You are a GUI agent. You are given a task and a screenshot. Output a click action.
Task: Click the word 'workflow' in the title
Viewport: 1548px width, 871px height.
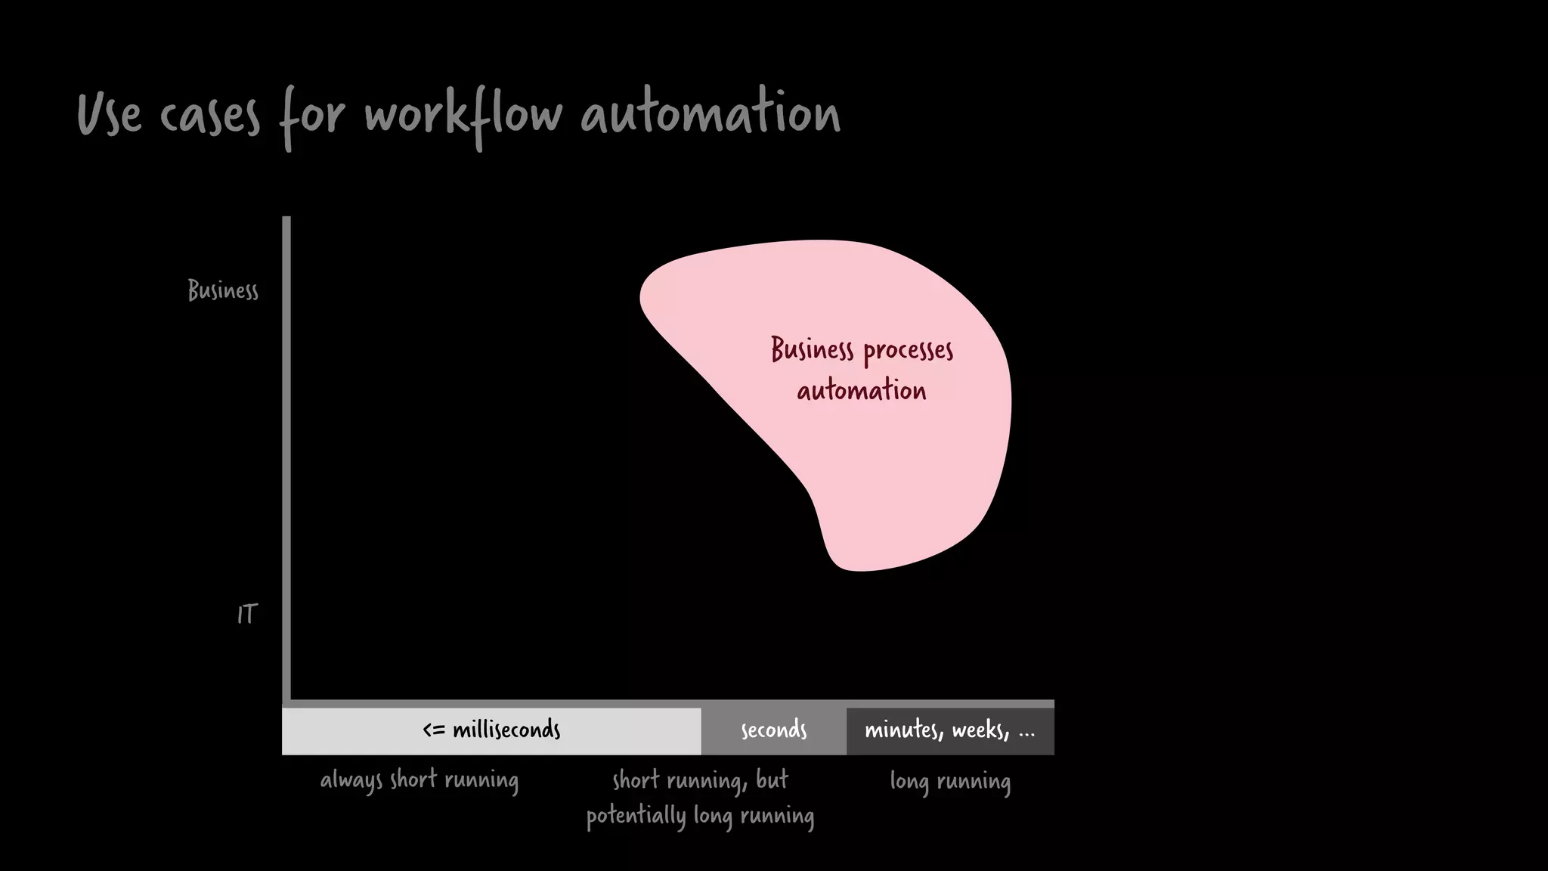463,116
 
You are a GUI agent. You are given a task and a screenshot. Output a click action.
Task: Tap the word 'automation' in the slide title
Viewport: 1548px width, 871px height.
711,114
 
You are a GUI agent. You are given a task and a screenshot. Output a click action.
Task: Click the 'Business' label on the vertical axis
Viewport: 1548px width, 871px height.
223,290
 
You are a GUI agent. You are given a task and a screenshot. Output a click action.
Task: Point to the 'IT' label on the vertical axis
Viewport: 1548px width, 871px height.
247,614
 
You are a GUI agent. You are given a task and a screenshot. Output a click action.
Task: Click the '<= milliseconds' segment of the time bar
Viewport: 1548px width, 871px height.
491,730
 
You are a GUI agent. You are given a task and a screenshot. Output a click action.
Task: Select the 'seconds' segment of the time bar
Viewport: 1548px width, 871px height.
773,730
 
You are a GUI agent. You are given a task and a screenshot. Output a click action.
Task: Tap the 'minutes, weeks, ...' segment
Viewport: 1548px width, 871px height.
949,730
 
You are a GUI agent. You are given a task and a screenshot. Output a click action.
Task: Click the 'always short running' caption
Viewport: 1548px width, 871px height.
420,780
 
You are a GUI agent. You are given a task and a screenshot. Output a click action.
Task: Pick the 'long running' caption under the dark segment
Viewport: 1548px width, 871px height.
950,781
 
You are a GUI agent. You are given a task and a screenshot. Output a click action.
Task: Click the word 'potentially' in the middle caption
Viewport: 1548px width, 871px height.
636,817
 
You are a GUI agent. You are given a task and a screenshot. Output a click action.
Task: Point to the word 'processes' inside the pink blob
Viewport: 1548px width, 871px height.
908,351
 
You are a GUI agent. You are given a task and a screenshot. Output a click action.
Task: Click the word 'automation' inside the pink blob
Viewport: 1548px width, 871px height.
862,391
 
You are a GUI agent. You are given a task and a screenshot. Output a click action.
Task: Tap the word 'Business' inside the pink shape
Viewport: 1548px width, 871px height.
812,350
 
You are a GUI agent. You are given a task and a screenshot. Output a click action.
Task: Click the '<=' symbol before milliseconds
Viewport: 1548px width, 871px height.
434,730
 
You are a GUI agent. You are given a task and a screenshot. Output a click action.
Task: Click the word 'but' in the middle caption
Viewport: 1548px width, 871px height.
772,780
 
